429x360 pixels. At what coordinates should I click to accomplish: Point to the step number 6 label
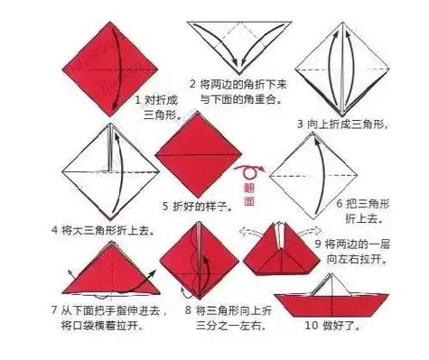340,203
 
